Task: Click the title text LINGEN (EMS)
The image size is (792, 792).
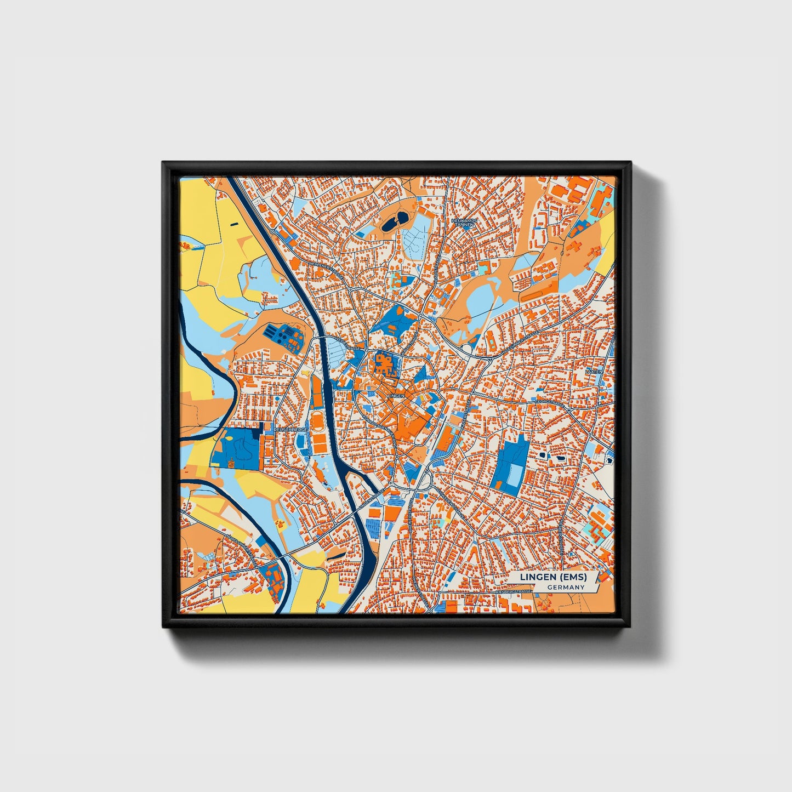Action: (x=553, y=577)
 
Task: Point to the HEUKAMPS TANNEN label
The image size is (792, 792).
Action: (x=465, y=222)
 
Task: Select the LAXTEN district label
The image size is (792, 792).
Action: (x=594, y=372)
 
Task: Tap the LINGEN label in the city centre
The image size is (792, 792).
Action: (x=395, y=395)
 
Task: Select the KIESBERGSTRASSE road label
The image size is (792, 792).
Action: (x=514, y=593)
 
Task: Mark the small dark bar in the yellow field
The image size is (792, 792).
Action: (x=234, y=224)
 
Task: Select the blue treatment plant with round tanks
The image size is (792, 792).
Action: (x=283, y=337)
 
